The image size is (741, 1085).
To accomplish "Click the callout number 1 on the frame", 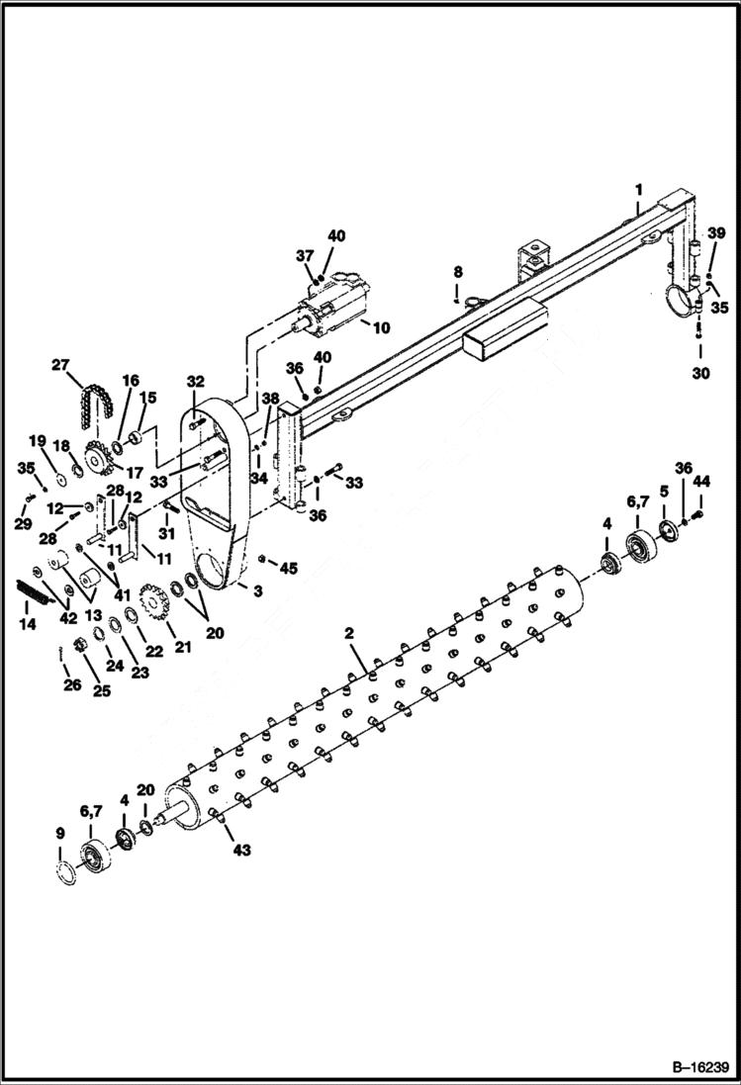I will [639, 188].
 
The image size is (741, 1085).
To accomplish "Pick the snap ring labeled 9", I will [65, 872].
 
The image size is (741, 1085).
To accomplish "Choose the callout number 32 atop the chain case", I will [194, 380].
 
